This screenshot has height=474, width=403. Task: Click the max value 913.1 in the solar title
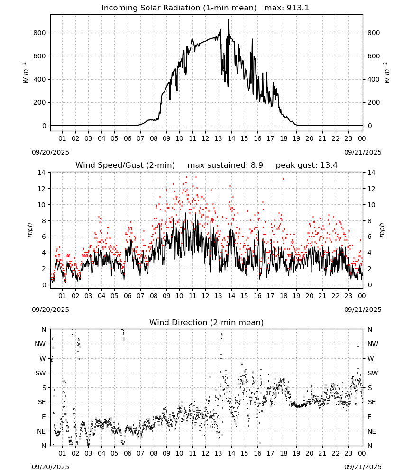pos(298,8)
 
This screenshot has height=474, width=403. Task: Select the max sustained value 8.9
pos(257,165)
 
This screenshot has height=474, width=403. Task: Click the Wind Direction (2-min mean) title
pos(207,322)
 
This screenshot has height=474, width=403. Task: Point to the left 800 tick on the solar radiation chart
pos(40,33)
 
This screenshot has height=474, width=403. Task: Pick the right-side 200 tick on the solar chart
pos(374,102)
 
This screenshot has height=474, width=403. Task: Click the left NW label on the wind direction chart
pos(40,344)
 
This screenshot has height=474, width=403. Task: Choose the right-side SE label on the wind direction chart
pos(372,402)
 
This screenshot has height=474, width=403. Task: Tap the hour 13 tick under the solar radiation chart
pos(218,138)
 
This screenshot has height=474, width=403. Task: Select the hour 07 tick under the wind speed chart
pos(140,296)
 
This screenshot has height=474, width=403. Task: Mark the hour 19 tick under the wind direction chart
pos(296,453)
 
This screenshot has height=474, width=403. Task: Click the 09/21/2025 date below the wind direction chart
pos(363,467)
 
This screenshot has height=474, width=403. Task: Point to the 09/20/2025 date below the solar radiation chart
pos(50,152)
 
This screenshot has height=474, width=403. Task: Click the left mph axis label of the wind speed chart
pos(29,230)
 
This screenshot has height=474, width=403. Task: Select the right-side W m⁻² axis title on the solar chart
pos(387,73)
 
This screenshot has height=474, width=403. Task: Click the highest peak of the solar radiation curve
pos(229,19)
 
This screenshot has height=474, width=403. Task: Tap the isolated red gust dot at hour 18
pos(283,179)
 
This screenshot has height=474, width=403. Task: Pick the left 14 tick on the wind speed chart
pos(42,173)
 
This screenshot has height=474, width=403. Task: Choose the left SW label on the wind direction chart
pos(40,373)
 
